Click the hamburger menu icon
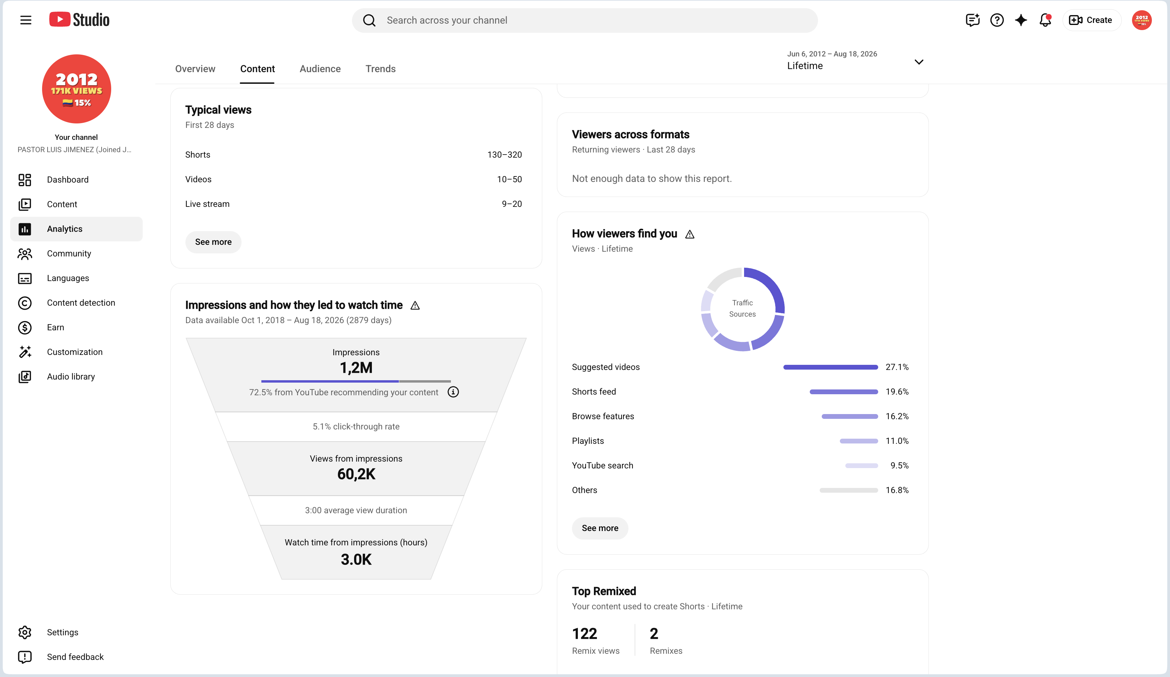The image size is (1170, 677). (x=26, y=20)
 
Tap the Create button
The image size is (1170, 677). (x=1091, y=20)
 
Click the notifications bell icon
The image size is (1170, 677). (x=1045, y=20)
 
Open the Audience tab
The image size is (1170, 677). (x=320, y=69)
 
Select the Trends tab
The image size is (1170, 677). (x=380, y=69)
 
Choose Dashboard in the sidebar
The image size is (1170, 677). (x=67, y=180)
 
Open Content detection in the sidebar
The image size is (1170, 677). (x=81, y=303)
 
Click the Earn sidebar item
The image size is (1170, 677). (x=55, y=327)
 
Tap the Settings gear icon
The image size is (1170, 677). (x=25, y=632)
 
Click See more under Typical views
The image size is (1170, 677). (x=213, y=242)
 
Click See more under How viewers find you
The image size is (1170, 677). (x=600, y=528)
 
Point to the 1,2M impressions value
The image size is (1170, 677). (x=356, y=368)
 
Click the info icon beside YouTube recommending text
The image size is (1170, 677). (x=453, y=392)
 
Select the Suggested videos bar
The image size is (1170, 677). (x=831, y=367)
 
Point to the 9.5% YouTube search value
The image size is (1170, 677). (x=899, y=465)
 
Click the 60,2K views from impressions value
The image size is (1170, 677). (x=356, y=474)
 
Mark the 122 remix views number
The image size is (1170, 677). (x=585, y=633)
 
